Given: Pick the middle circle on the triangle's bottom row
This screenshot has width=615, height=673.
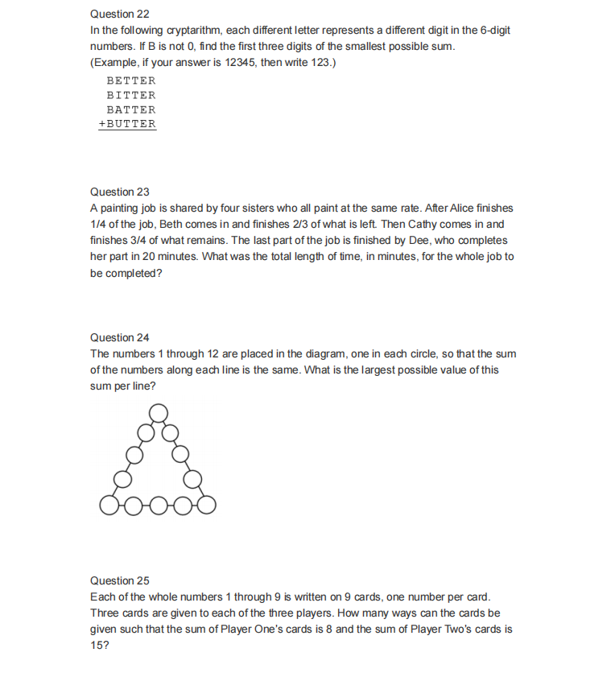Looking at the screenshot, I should (159, 506).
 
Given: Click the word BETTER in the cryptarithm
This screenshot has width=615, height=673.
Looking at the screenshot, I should (131, 81).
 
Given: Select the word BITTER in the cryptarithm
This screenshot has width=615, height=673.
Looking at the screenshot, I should (131, 95).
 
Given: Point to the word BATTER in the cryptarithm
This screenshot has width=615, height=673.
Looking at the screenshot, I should (131, 109).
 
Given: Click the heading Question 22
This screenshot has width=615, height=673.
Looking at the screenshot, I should (120, 14).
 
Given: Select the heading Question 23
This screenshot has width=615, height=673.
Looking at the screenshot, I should (120, 192).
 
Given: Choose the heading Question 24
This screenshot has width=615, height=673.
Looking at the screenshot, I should (120, 337).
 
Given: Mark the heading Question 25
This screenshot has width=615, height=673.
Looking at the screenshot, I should (120, 580).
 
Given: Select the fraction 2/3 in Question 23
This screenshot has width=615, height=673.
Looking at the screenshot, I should (273, 224).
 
